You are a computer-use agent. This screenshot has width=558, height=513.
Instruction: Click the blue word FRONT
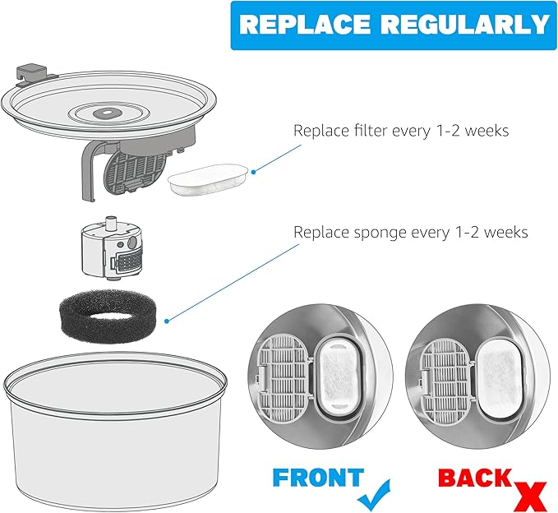[x=317, y=478]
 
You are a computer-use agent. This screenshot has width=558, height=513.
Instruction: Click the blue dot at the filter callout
[x=253, y=171]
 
